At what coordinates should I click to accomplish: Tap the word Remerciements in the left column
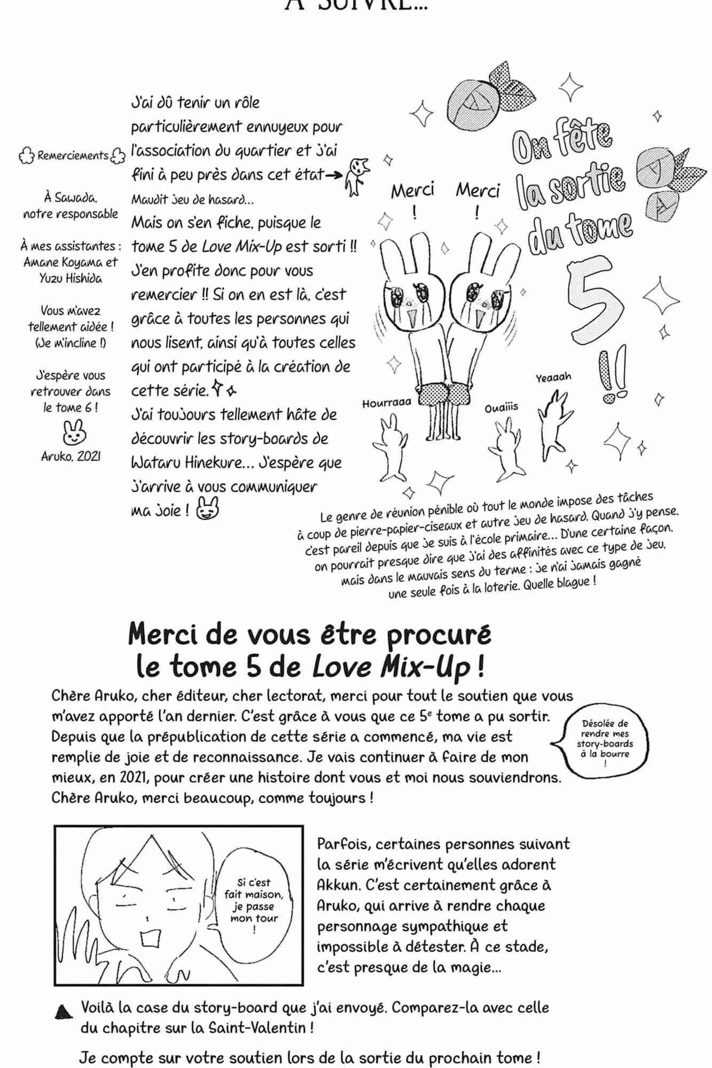[x=73, y=156]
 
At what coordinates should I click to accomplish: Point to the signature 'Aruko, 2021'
[x=71, y=457]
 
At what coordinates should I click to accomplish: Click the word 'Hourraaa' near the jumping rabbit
[x=387, y=403]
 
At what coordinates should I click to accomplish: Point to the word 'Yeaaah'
[x=553, y=377]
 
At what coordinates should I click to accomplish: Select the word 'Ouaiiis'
[x=502, y=408]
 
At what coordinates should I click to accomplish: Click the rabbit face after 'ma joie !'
[x=208, y=508]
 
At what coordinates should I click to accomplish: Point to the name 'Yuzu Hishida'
[x=71, y=278]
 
